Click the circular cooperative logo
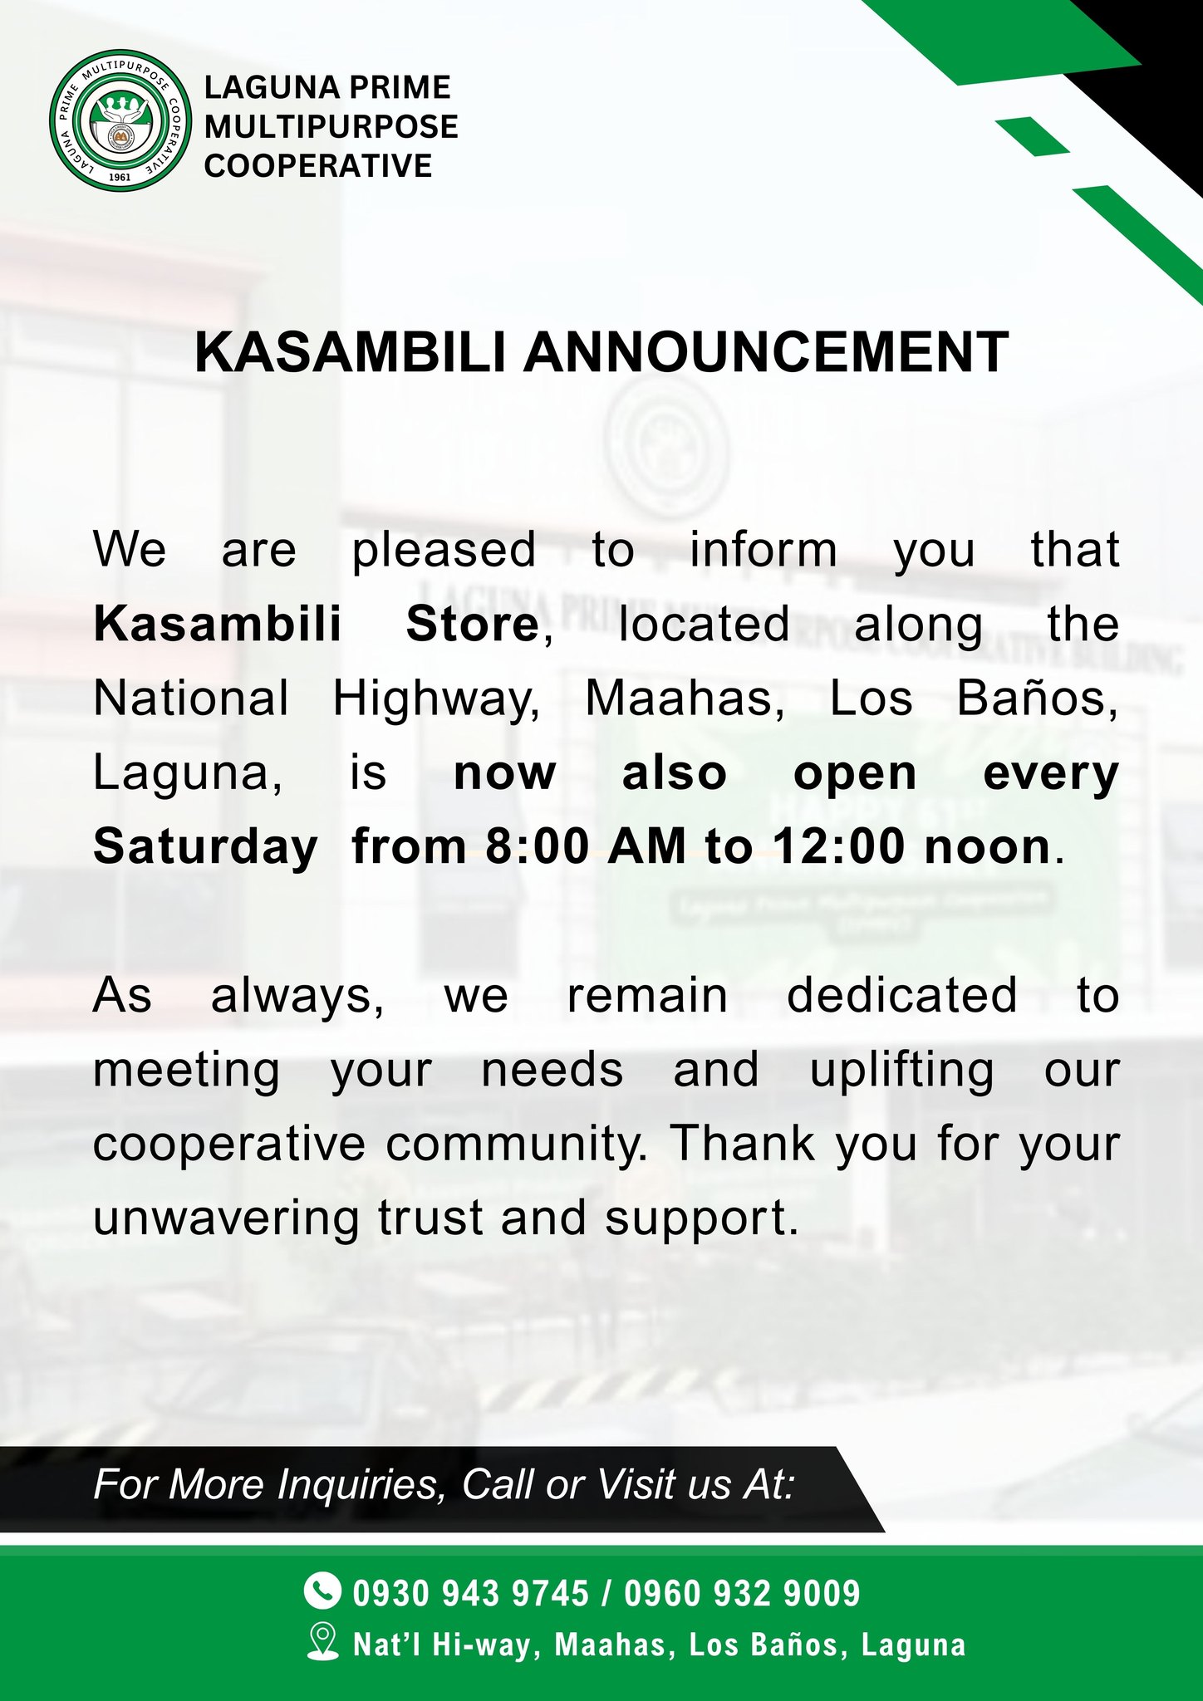pyautogui.click(x=121, y=120)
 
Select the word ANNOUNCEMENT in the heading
pyautogui.click(x=766, y=352)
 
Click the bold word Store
pyautogui.click(x=472, y=625)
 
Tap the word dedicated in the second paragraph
pyautogui.click(x=901, y=996)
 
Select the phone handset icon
pyautogui.click(x=322, y=1590)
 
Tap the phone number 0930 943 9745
pyautogui.click(x=471, y=1593)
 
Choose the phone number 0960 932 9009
pyautogui.click(x=742, y=1593)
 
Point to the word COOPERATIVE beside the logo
pyautogui.click(x=318, y=166)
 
